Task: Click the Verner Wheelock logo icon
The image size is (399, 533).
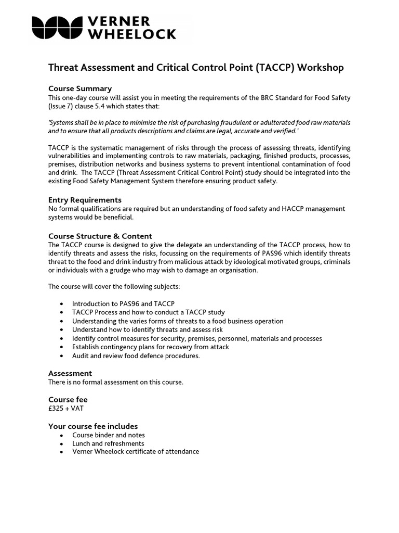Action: [57, 27]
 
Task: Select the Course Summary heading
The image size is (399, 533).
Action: [80, 88]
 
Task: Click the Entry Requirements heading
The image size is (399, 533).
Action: [85, 200]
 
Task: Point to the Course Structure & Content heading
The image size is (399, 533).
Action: [100, 236]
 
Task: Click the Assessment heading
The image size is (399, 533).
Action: [70, 373]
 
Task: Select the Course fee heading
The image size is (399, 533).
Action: [68, 400]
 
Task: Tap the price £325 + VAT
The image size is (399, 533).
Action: [66, 409]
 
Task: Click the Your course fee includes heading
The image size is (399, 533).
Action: [93, 426]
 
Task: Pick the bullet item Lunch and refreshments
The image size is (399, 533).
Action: [108, 443]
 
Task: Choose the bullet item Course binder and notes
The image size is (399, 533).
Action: [109, 435]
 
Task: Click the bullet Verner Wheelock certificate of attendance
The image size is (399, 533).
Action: [136, 452]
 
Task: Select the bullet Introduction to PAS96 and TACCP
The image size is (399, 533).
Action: [123, 303]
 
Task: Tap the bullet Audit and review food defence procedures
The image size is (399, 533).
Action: [136, 356]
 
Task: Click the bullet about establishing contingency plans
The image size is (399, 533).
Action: [151, 347]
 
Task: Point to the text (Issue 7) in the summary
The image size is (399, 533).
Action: [64, 106]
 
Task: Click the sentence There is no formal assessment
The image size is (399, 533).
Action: [116, 382]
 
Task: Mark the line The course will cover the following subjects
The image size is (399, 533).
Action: [114, 286]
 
